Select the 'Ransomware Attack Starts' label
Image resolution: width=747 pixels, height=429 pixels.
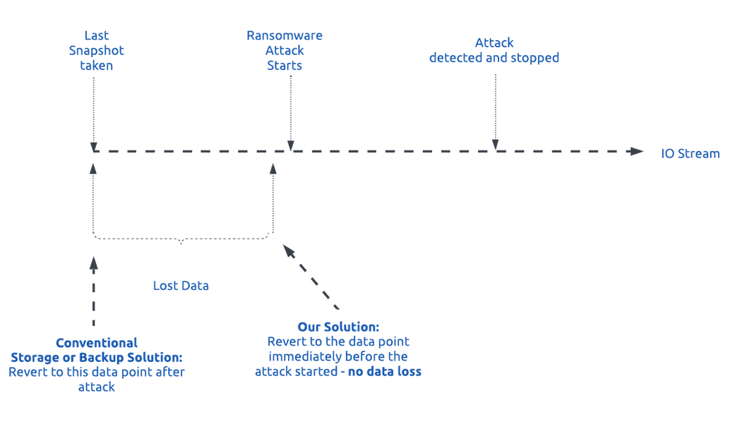tap(285, 50)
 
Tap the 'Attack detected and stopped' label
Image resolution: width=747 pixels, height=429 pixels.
tap(494, 50)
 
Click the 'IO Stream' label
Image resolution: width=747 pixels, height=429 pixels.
tap(690, 153)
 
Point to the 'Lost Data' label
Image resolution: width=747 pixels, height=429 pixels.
tap(181, 286)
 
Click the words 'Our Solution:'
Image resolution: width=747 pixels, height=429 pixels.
tap(339, 327)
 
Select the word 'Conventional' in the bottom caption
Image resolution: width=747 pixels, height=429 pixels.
tap(97, 342)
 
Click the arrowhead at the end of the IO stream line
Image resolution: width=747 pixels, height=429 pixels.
tap(637, 151)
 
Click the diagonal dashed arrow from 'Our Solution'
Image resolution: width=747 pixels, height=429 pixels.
tap(311, 277)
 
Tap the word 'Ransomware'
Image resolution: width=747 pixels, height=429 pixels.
tap(285, 35)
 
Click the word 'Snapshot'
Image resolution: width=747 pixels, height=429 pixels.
tap(96, 50)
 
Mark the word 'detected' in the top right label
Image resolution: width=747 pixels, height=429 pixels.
tap(456, 58)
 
